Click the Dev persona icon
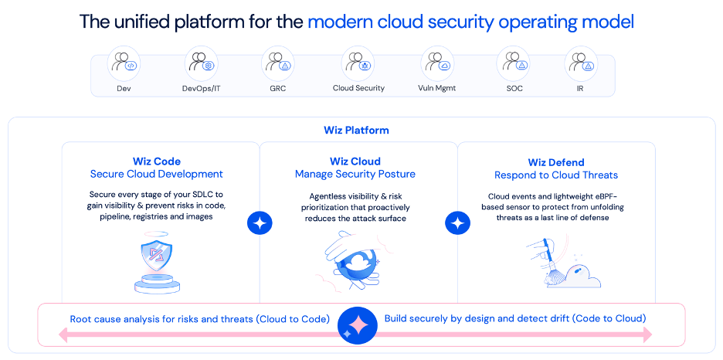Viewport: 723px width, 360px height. click(124, 63)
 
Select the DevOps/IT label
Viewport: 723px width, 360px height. click(201, 88)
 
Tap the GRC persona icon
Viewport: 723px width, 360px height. click(277, 63)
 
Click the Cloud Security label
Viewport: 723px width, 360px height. click(358, 88)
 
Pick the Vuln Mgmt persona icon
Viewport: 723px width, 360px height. click(436, 63)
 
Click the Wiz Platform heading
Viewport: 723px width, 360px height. click(356, 130)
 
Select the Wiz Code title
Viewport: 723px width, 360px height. click(157, 161)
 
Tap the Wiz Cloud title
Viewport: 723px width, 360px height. click(355, 161)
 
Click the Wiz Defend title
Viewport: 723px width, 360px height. click(556, 162)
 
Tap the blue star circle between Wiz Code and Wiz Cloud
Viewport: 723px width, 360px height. click(260, 223)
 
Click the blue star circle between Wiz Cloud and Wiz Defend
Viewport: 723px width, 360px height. click(458, 223)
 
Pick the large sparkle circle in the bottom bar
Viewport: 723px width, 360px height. click(357, 324)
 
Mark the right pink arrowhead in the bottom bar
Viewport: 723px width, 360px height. click(647, 335)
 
